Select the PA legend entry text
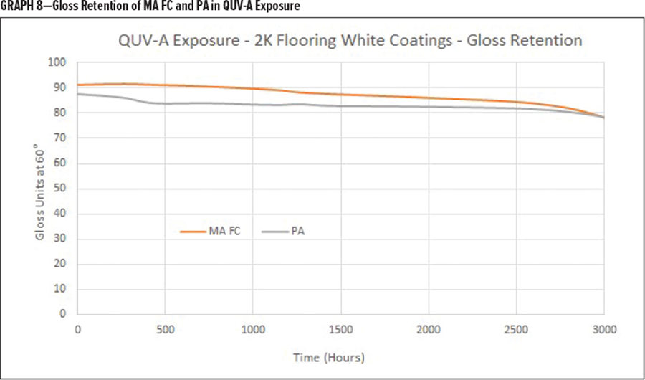pyautogui.click(x=298, y=232)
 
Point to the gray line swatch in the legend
pyautogui.click(x=275, y=232)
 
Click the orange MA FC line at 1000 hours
pyautogui.click(x=253, y=88)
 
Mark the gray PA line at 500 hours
pyautogui.click(x=166, y=103)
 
